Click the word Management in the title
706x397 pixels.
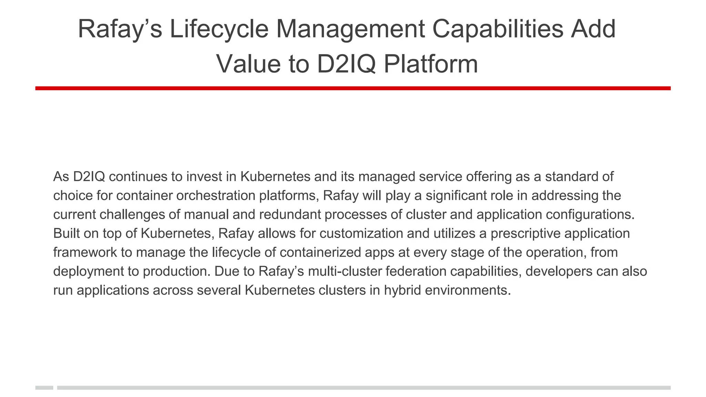pos(350,29)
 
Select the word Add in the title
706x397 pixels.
pos(593,29)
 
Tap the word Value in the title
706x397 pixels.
pos(248,64)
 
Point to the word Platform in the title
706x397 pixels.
pos(431,64)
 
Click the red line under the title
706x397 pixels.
pos(353,88)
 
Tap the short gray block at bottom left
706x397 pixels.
pos(44,388)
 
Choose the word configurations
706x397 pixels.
pos(590,215)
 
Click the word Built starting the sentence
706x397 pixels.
pos(66,234)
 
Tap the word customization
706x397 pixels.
pos(361,234)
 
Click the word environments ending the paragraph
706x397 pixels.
pos(467,291)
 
